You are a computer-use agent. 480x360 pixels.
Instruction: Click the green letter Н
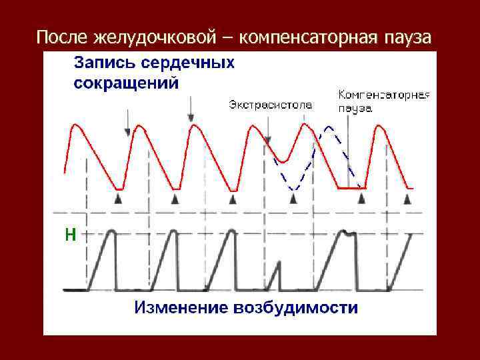pos(70,233)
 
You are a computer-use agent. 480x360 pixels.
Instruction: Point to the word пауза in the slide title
pos(408,36)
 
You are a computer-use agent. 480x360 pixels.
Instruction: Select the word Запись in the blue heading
pos(100,63)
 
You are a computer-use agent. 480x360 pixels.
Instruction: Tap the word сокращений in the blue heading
pos(126,83)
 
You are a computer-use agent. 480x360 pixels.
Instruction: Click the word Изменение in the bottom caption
pos(180,308)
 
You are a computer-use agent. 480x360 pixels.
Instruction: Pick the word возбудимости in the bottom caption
pos(296,308)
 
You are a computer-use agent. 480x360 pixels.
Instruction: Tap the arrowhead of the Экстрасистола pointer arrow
pos(267,141)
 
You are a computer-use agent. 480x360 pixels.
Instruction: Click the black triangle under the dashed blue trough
pos(293,199)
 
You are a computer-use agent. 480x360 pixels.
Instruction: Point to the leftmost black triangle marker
pos(118,199)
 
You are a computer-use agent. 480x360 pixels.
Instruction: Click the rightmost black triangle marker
pos(409,199)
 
